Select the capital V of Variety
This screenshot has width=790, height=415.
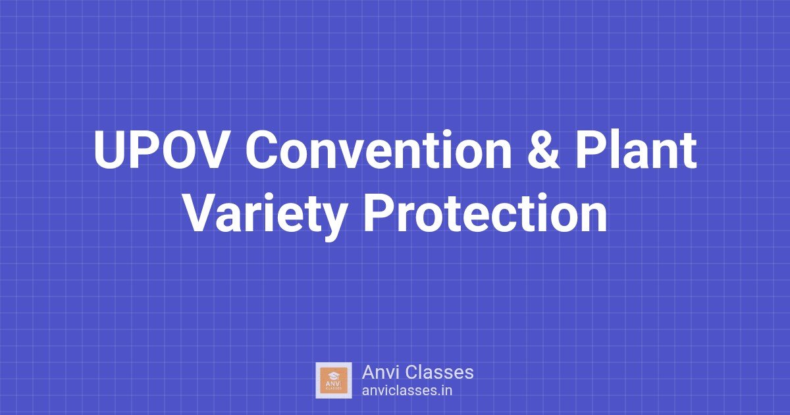pyautogui.click(x=199, y=214)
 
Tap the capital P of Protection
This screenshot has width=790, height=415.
pyautogui.click(x=378, y=214)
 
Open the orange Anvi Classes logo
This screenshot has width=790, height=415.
pyautogui.click(x=334, y=380)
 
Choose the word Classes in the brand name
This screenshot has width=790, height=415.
pyautogui.click(x=440, y=372)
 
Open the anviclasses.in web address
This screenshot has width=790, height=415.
pyautogui.click(x=407, y=390)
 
